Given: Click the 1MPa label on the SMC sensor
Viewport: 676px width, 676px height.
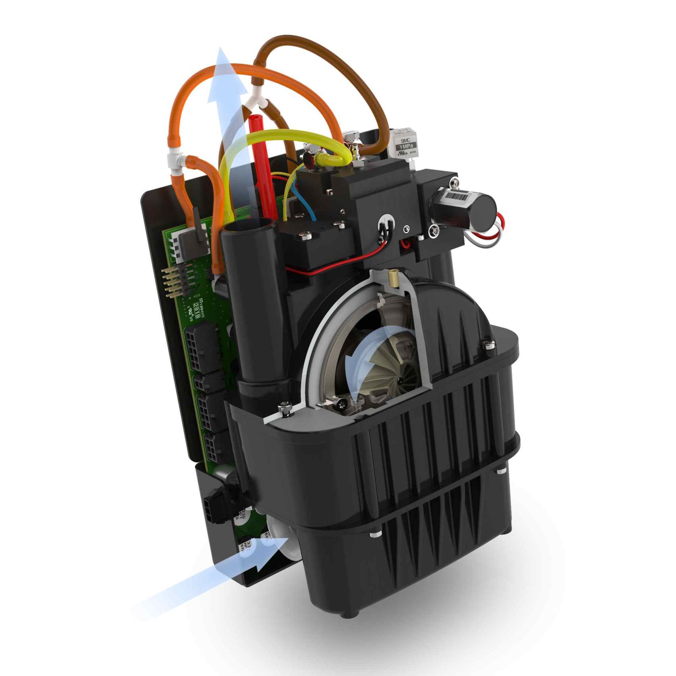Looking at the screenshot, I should click(407, 146).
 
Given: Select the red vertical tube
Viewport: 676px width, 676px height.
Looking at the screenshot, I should click(265, 169).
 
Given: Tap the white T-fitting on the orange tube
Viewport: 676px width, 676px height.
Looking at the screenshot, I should click(177, 159).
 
